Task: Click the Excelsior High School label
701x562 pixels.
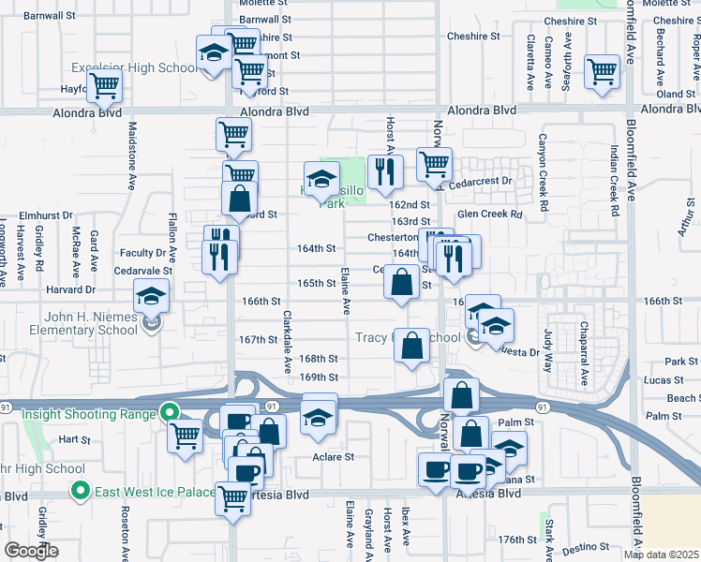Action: tap(136, 68)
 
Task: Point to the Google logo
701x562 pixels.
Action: tap(31, 551)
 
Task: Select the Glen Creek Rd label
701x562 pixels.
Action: tap(489, 214)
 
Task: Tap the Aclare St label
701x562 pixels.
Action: tap(333, 458)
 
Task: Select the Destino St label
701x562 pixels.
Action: tap(586, 547)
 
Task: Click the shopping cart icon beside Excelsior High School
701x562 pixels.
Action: tap(105, 86)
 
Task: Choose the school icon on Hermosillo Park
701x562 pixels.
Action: tap(321, 177)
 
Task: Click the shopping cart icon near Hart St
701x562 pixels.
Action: tap(186, 435)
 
